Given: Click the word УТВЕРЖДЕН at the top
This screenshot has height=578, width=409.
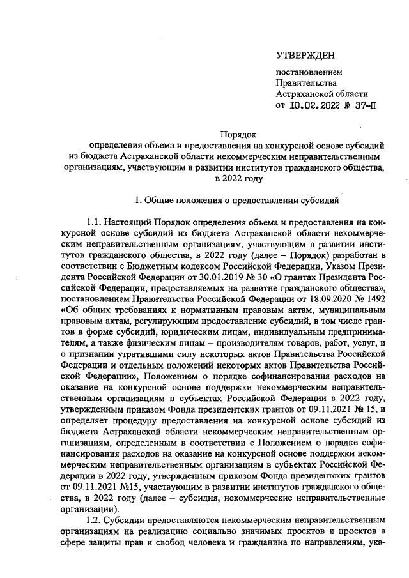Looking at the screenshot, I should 304,57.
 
